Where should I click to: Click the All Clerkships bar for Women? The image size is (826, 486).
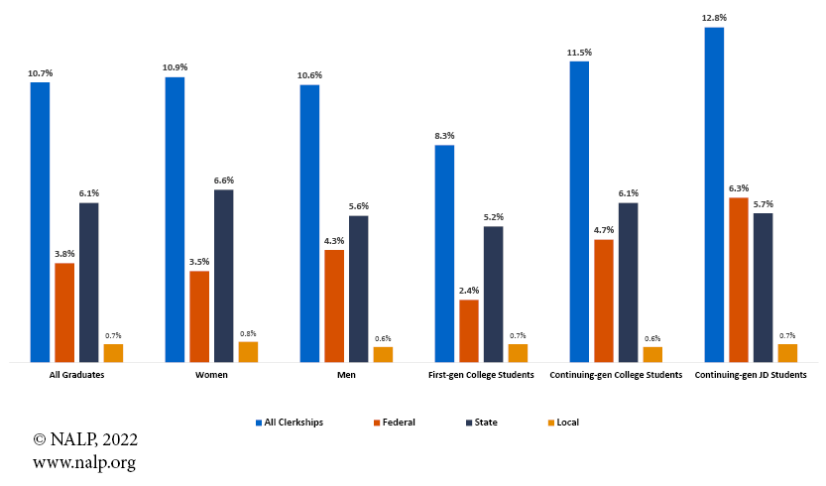pyautogui.click(x=175, y=219)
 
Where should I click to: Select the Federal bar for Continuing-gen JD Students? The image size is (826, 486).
pyautogui.click(x=739, y=280)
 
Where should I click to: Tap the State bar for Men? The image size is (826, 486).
pyautogui.click(x=358, y=289)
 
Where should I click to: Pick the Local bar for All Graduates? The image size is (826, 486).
pyautogui.click(x=113, y=353)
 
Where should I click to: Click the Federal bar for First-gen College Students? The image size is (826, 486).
pyautogui.click(x=469, y=330)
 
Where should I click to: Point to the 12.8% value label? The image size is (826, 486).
pyautogui.click(x=713, y=17)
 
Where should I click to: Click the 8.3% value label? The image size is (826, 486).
pyautogui.click(x=444, y=135)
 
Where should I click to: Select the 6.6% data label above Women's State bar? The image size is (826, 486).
pyautogui.click(x=224, y=180)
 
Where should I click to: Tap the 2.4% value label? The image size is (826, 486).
pyautogui.click(x=469, y=290)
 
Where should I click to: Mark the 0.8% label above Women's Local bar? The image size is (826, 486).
pyautogui.click(x=248, y=332)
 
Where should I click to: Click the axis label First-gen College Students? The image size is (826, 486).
pyautogui.click(x=481, y=375)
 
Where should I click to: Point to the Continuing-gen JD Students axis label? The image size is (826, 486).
pyautogui.click(x=751, y=375)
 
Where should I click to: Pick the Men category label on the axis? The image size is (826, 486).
pyautogui.click(x=346, y=375)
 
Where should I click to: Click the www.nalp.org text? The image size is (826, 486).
pyautogui.click(x=84, y=462)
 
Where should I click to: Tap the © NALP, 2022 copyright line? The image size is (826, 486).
pyautogui.click(x=85, y=439)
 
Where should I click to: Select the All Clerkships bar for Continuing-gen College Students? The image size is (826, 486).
pyautogui.click(x=579, y=211)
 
